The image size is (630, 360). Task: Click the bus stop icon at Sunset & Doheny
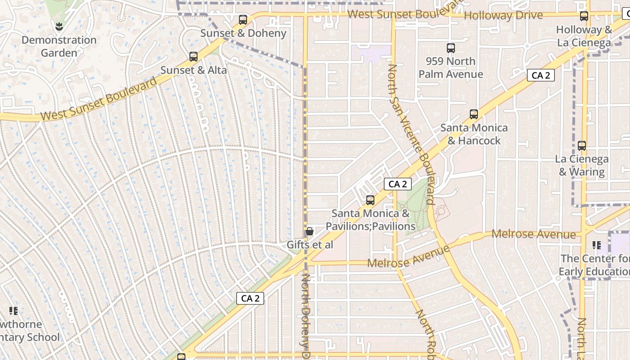[243, 19]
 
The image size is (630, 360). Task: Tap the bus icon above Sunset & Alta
[193, 57]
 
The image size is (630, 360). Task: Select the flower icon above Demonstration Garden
[58, 27]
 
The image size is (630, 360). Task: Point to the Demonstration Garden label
[59, 46]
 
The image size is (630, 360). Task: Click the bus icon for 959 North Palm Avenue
[451, 48]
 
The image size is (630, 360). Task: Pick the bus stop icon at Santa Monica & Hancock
[474, 114]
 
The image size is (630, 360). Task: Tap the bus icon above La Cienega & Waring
[582, 146]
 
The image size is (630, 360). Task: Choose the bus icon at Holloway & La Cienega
[584, 16]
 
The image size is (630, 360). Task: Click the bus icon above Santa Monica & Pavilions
[370, 200]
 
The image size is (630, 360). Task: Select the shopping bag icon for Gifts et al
[310, 232]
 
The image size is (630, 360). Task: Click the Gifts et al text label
[310, 245]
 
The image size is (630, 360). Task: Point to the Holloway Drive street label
[504, 16]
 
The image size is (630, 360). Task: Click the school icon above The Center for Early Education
[597, 245]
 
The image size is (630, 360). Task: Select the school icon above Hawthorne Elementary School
[13, 310]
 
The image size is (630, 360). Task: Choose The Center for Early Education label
[594, 265]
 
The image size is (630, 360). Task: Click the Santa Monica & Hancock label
[474, 134]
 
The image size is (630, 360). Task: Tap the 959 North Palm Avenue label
[451, 67]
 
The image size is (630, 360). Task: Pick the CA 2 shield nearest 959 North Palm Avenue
[540, 75]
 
